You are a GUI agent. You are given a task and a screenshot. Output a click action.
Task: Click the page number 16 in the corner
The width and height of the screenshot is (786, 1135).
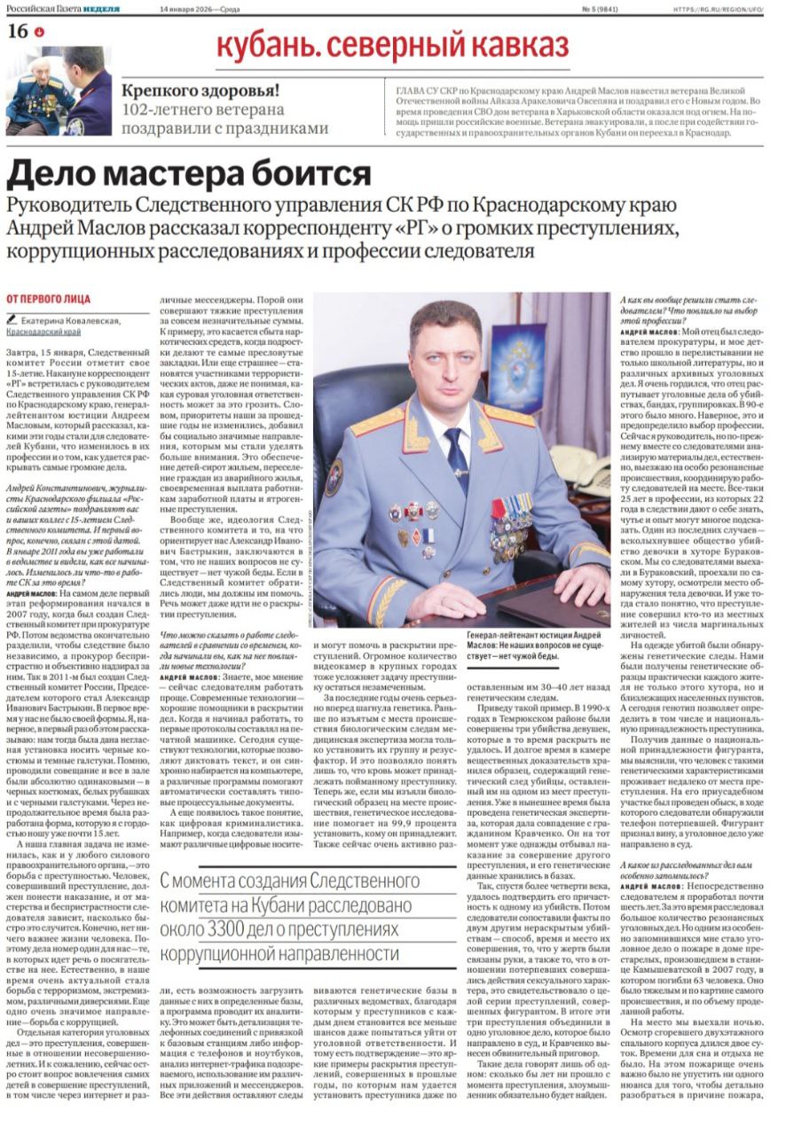pos(17,30)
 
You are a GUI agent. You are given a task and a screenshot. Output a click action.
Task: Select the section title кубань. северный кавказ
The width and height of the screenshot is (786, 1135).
pos(391,43)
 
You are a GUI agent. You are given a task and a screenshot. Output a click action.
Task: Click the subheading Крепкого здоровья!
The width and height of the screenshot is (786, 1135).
pos(201,90)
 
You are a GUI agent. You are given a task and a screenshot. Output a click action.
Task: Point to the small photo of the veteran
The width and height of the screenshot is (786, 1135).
pos(59,91)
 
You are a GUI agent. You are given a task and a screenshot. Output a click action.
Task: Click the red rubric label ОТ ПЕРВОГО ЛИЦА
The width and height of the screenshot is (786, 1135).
pos(48,300)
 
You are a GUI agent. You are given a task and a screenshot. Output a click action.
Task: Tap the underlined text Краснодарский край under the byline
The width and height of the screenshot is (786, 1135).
pos(43,331)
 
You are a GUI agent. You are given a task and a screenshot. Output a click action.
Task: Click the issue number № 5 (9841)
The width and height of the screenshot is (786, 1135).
pos(601,8)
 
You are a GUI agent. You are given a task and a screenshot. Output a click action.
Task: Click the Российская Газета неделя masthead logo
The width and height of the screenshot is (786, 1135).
pos(63,8)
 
